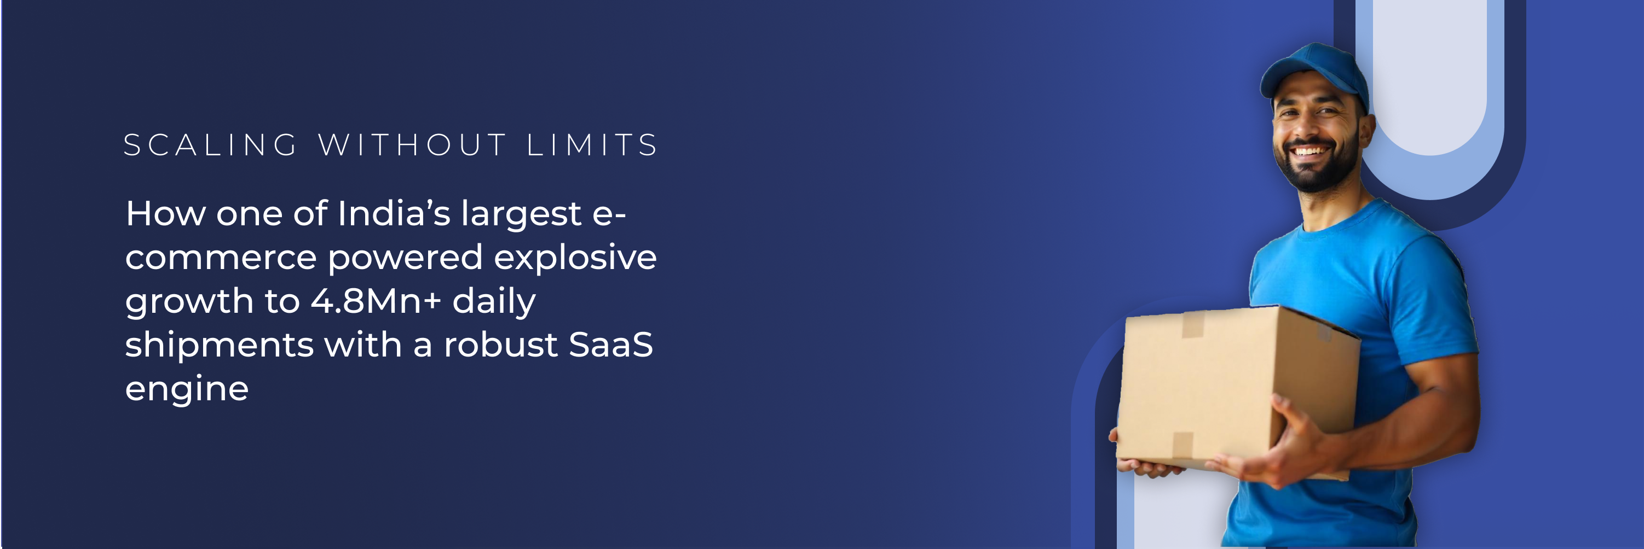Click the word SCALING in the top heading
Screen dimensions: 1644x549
[x=211, y=145]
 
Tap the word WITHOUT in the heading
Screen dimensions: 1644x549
[x=412, y=145]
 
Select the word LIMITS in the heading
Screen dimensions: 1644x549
[x=592, y=145]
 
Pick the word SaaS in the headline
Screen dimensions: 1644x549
[x=611, y=344]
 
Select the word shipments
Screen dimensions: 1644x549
[x=219, y=344]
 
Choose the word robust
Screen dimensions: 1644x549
[x=500, y=344]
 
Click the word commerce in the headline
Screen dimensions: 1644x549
[x=221, y=258]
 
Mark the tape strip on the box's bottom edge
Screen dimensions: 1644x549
[x=1182, y=446]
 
